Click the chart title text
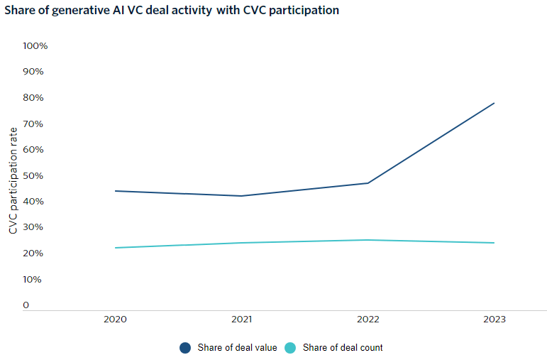[x=172, y=11]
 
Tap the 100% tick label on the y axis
[x=35, y=46]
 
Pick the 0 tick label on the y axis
[x=26, y=305]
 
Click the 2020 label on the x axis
[x=115, y=320]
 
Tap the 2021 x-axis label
[x=241, y=320]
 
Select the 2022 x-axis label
[x=368, y=320]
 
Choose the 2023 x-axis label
[x=494, y=320]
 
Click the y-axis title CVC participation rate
[x=13, y=180]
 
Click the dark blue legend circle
[x=185, y=348]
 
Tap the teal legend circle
[x=289, y=348]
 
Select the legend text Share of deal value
[x=237, y=348]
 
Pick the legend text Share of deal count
[x=343, y=348]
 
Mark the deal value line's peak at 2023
[x=494, y=103]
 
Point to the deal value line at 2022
[x=368, y=183]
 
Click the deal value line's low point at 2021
[x=241, y=196]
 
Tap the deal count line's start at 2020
[x=115, y=248]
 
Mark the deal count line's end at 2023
[x=494, y=243]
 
